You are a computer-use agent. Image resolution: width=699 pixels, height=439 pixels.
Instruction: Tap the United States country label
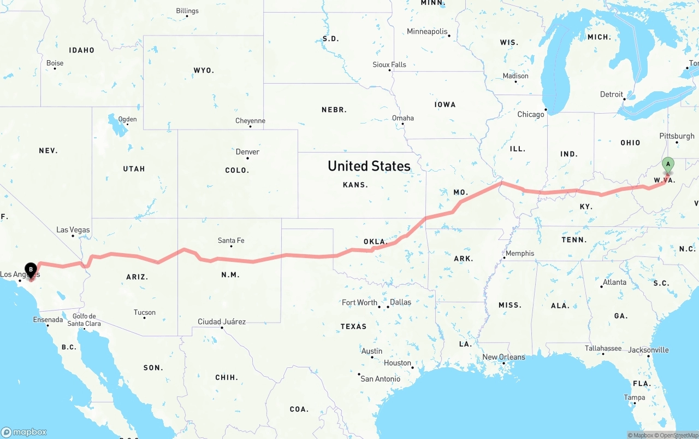tap(369, 166)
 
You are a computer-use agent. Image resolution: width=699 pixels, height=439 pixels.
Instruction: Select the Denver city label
tap(247, 152)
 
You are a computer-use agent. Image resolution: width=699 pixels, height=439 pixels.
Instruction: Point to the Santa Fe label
tap(231, 241)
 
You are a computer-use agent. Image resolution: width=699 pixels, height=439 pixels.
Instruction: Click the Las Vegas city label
tap(73, 230)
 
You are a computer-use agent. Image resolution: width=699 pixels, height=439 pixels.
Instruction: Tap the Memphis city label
tap(520, 253)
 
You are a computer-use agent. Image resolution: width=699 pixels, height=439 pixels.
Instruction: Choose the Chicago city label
tap(531, 114)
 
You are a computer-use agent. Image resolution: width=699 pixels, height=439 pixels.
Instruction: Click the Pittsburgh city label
tap(677, 136)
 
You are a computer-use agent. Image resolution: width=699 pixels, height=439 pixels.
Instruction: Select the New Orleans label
tap(503, 357)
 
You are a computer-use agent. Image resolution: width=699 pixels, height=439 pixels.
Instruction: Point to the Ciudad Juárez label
tap(221, 321)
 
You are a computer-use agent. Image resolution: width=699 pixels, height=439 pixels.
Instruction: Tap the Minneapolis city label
tap(427, 32)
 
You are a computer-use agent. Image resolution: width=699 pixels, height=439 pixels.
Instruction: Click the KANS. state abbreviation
tap(355, 185)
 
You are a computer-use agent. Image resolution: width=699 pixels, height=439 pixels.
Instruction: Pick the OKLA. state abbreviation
tap(375, 242)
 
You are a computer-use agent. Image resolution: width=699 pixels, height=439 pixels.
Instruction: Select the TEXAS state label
tap(353, 326)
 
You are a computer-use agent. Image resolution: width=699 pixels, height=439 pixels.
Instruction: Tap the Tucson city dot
tap(144, 318)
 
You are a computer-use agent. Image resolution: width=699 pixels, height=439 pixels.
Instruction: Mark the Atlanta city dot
tap(602, 286)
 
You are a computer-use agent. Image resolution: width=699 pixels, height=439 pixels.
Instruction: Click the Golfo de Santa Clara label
tap(84, 320)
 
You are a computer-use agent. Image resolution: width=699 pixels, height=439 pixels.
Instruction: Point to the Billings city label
tap(187, 11)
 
